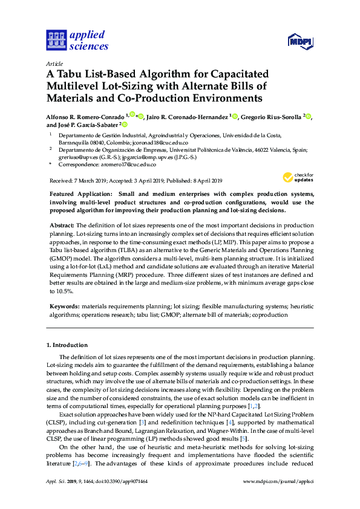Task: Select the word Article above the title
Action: (x=54, y=63)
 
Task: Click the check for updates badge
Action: (x=296, y=177)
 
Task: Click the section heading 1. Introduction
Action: (x=67, y=345)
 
